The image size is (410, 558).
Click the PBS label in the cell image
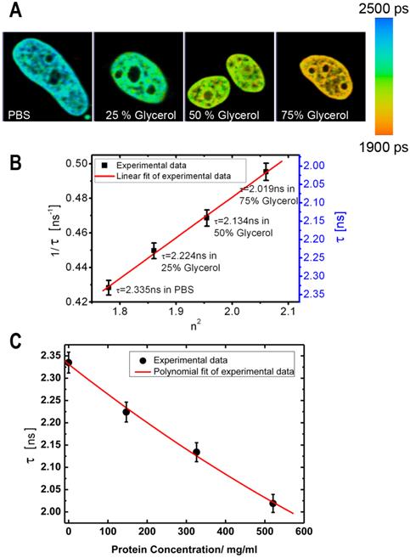tap(20, 114)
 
